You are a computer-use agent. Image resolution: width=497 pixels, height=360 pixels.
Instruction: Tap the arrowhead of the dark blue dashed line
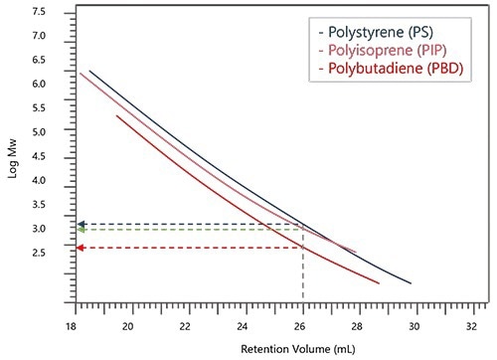click(82, 225)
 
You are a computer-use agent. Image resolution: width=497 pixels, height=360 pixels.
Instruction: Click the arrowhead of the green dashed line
click(82, 231)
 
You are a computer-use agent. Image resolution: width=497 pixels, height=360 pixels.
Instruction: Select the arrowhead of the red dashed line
click(82, 248)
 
